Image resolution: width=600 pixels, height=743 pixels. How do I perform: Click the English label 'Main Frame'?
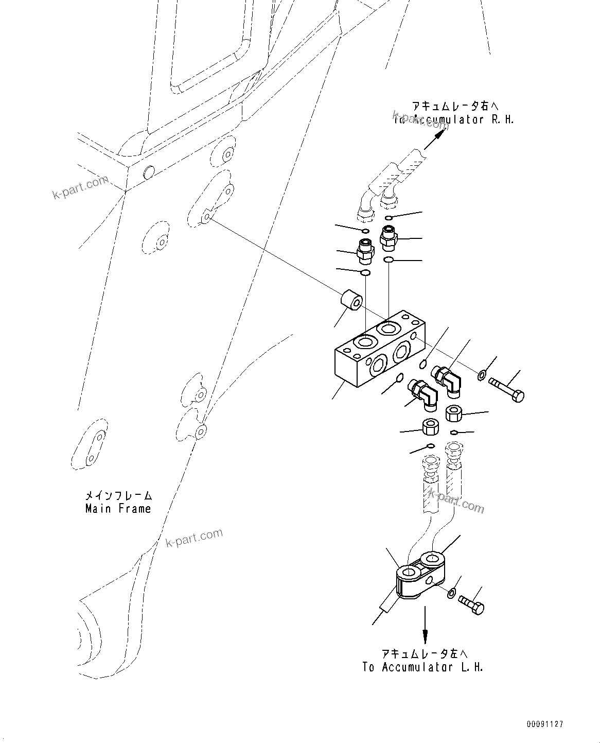(x=118, y=509)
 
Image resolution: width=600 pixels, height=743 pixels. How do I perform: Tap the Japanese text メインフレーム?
(x=119, y=496)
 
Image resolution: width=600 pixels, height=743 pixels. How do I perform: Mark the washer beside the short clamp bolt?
(x=451, y=593)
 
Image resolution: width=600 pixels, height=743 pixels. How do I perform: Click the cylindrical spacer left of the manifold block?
(x=351, y=301)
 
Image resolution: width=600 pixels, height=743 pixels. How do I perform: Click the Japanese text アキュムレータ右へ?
(x=455, y=107)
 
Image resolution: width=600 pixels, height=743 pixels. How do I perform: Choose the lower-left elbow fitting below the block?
(x=423, y=394)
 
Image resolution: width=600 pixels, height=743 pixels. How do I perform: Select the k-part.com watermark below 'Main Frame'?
(x=194, y=538)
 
